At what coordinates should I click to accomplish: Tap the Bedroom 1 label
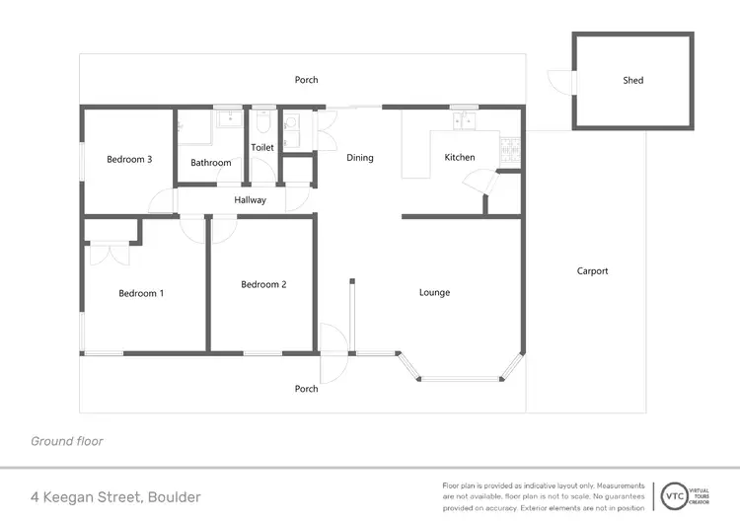pos(141,292)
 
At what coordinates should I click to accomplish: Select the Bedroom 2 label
pos(263,284)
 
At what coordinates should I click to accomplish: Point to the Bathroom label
pos(211,163)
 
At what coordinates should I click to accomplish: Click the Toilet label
pos(262,148)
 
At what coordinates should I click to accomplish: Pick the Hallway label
pos(251,200)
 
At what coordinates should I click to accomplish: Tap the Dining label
pos(360,157)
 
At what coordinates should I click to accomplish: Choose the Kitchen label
pos(460,157)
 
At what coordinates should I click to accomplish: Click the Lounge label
pos(434,292)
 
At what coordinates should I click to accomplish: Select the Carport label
pos(593,271)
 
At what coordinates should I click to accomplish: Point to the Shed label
pos(633,80)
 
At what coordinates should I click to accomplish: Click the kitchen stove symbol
pos(510,151)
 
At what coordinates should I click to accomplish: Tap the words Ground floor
pos(67,441)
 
